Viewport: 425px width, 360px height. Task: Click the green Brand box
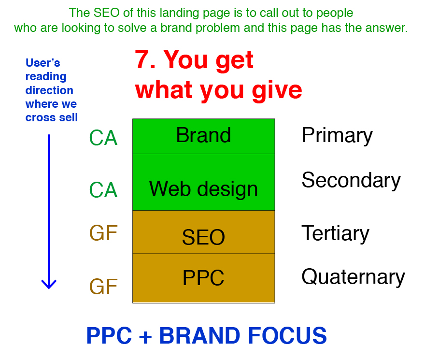pyautogui.click(x=203, y=136)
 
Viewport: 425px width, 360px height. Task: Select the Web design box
pyautogui.click(x=203, y=182)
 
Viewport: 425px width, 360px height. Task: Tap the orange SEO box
pyautogui.click(x=203, y=232)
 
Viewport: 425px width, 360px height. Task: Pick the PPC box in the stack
pyautogui.click(x=203, y=278)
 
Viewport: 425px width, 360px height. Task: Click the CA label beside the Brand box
pyautogui.click(x=103, y=138)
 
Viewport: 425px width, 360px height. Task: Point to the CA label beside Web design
pyautogui.click(x=103, y=190)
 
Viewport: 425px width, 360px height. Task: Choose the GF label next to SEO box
pyautogui.click(x=103, y=233)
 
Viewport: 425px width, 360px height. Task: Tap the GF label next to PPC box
pyautogui.click(x=103, y=287)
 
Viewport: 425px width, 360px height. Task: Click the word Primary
pyautogui.click(x=337, y=136)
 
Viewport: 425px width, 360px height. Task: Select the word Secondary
pyautogui.click(x=351, y=180)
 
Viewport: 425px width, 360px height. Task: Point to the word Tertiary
pyautogui.click(x=336, y=233)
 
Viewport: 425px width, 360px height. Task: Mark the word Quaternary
pyautogui.click(x=353, y=277)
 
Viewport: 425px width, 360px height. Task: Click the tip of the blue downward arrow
pyautogui.click(x=49, y=288)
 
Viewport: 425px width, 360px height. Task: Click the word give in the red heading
pyautogui.click(x=277, y=91)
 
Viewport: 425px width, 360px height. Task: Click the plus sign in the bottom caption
pyautogui.click(x=145, y=337)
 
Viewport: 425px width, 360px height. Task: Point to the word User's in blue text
pyautogui.click(x=43, y=63)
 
